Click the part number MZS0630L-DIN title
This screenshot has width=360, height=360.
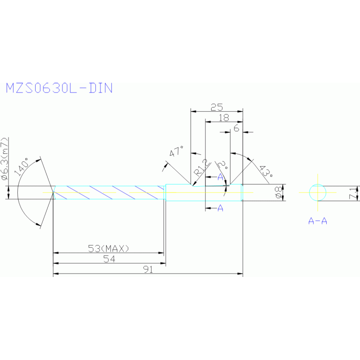click(x=59, y=88)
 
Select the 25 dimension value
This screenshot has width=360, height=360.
click(x=216, y=107)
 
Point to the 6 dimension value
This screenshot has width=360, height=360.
click(x=236, y=128)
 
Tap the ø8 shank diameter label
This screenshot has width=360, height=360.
click(x=278, y=193)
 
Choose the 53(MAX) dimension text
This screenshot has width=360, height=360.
click(x=108, y=248)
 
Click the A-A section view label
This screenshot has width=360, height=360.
click(x=318, y=221)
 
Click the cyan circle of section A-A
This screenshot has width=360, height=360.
click(x=318, y=192)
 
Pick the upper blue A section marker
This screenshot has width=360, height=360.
click(x=220, y=176)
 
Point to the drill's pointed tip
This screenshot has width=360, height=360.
click(x=53, y=192)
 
